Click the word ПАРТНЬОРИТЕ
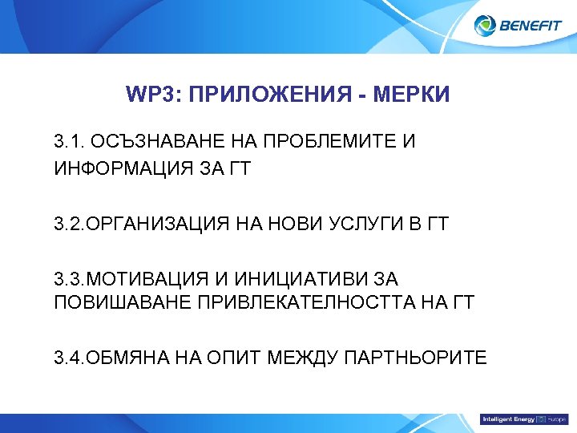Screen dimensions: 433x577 coord(415,357)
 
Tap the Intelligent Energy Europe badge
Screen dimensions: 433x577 coord(523,419)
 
